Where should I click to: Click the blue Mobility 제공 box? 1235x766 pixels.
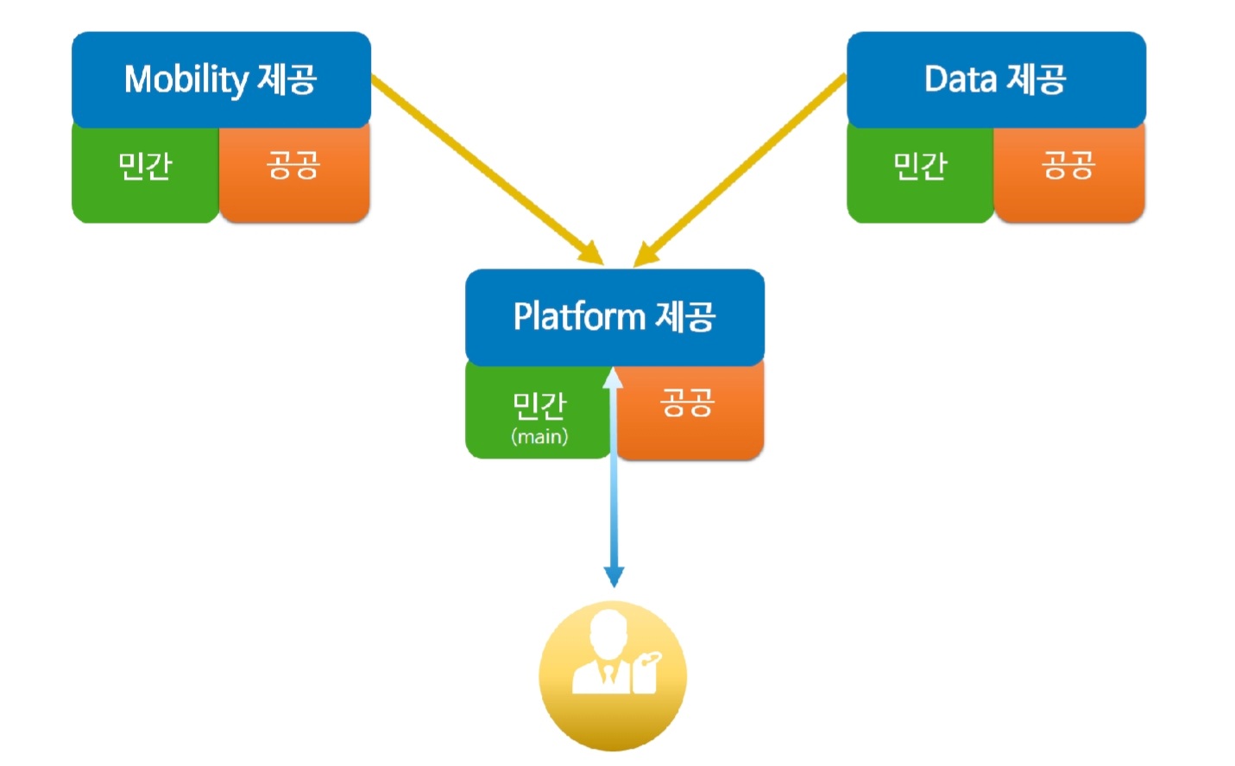coord(221,79)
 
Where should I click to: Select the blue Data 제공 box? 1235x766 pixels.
coord(996,79)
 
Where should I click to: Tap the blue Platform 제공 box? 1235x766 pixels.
coord(614,317)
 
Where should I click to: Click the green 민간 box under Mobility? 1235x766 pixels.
coord(146,174)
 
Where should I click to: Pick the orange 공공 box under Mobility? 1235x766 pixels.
coord(294,174)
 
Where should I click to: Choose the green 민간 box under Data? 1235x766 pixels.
coord(921,174)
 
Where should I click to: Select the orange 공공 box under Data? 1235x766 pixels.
coord(1069,174)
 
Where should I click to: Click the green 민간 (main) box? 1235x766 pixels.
coord(539,411)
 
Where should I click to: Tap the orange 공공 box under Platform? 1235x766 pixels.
coord(690,411)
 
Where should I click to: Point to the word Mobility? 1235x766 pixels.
coord(186,80)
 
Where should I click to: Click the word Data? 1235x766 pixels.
coord(961,79)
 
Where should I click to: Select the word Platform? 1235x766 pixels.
coord(579,317)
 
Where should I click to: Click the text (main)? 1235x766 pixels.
coord(539,437)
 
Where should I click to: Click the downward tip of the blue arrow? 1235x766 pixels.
coord(614,587)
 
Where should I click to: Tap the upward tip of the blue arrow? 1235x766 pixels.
coord(613,367)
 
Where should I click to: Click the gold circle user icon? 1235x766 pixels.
coord(613,675)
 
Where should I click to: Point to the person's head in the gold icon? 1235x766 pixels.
coord(608,633)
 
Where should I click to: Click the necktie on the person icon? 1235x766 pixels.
coord(608,674)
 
